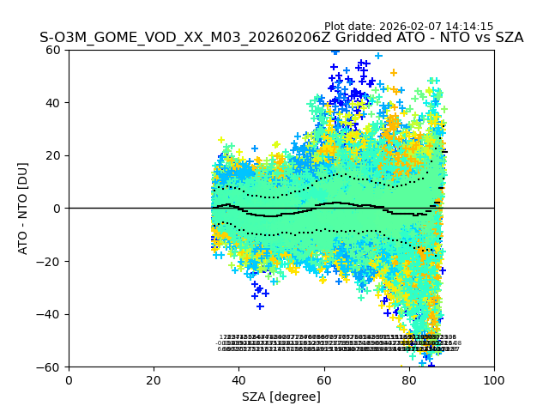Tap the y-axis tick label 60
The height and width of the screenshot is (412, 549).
52,50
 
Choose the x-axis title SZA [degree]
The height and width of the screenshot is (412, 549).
281,397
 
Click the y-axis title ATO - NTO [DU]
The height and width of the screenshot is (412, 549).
23,208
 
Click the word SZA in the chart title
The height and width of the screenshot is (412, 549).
507,38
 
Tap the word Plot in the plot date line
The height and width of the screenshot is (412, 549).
335,27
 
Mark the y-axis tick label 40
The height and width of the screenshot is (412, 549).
52,103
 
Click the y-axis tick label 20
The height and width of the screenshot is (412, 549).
52,155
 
